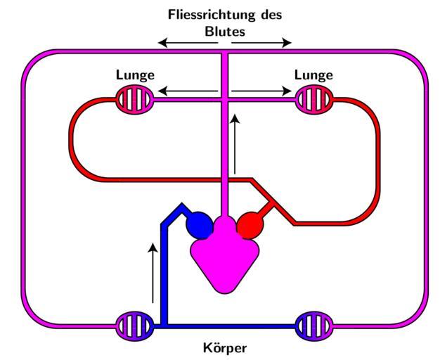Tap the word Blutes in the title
[x=225, y=31]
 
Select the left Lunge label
[x=135, y=75]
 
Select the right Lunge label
[x=313, y=75]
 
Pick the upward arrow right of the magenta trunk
[x=235, y=144]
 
